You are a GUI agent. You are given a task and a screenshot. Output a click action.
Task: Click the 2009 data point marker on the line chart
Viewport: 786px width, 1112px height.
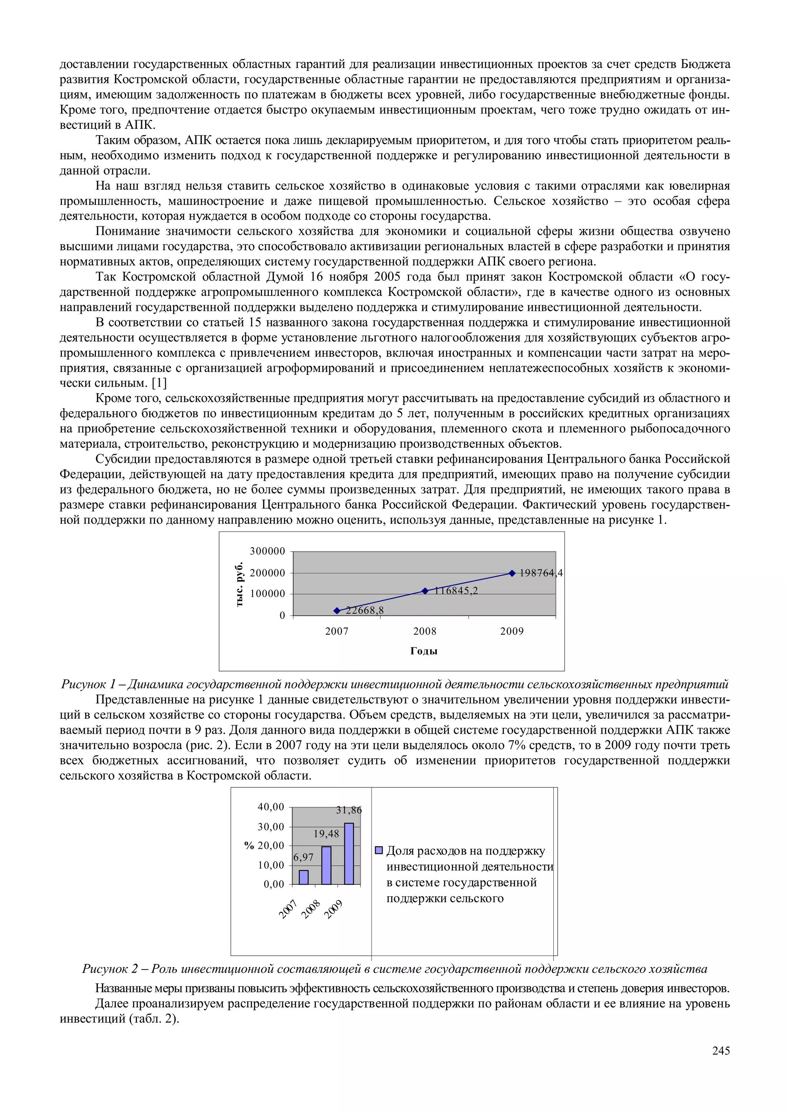[512, 573]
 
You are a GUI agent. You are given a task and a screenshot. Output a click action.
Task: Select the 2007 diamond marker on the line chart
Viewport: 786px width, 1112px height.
[337, 611]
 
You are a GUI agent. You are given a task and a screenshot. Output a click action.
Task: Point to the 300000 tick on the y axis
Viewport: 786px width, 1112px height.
[268, 551]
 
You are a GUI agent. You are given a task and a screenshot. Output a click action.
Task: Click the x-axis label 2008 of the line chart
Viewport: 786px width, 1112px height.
[425, 631]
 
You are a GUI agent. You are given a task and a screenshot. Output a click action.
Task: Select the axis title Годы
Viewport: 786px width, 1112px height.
[424, 651]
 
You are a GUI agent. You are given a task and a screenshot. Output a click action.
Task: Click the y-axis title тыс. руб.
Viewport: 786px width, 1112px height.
[239, 585]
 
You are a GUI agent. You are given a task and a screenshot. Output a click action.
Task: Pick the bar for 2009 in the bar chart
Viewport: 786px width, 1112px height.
[349, 853]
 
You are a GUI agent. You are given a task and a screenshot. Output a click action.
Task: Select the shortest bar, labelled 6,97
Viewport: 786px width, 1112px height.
[304, 877]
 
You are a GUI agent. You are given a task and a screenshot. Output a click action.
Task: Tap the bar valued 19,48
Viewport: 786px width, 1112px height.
[326, 865]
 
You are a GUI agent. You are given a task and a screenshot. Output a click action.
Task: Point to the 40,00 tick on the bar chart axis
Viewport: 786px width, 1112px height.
[271, 807]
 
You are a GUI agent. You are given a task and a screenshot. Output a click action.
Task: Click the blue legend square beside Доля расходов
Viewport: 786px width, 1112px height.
[379, 850]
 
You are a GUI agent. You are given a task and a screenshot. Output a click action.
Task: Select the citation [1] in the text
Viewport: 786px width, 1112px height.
[159, 383]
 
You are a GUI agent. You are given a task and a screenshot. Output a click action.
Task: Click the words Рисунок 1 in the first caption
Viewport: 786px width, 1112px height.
[88, 684]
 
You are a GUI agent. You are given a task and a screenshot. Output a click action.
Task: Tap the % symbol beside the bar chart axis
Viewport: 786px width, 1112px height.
[249, 846]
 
